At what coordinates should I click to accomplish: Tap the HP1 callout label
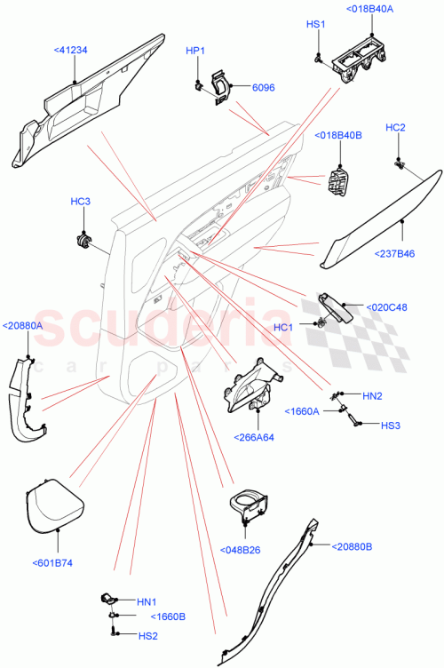point(194,51)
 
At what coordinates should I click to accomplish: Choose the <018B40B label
point(338,135)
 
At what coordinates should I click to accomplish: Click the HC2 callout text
point(396,128)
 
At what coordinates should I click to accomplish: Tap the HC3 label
point(81,202)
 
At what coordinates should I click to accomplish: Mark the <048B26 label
point(241,549)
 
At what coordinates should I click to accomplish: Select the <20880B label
point(353,546)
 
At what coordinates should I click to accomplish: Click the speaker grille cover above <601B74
point(52,506)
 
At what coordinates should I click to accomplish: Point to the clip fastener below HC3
point(83,237)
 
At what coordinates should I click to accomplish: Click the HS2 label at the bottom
point(147,635)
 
